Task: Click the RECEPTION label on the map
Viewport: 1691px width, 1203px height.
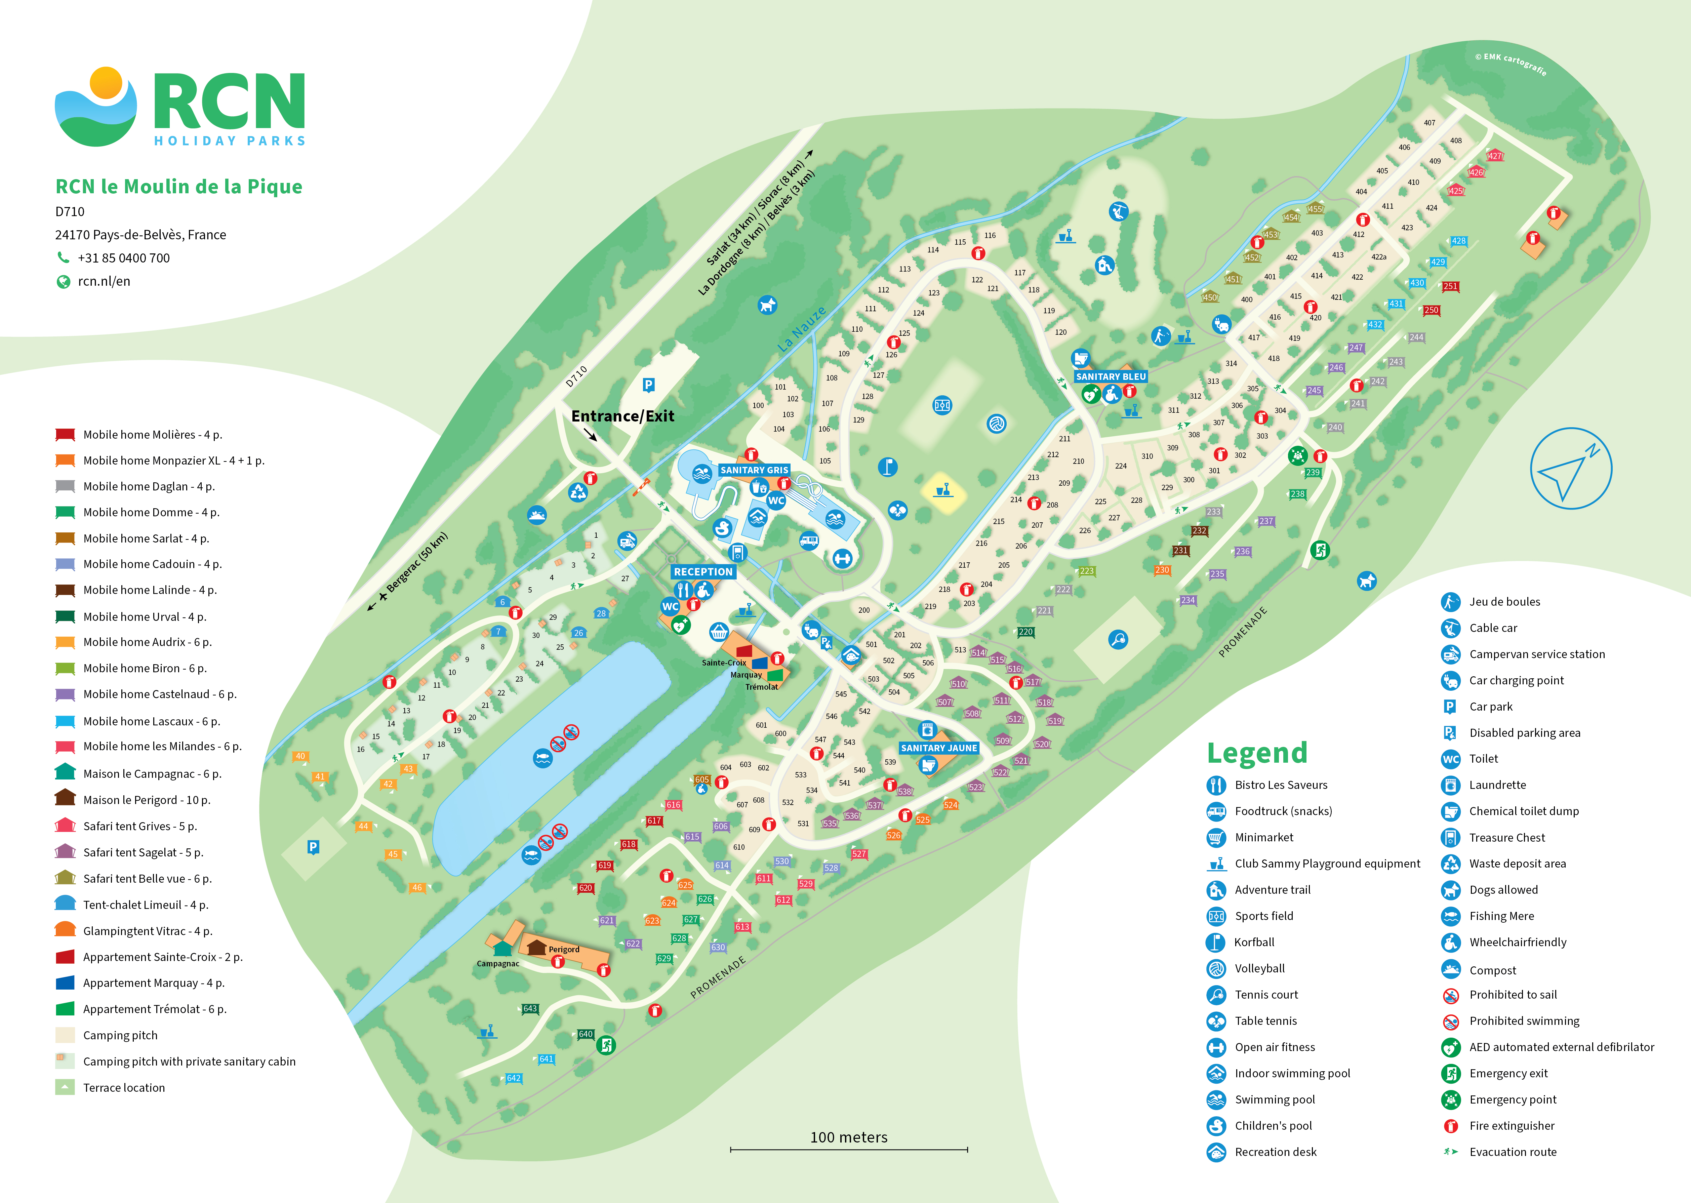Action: (x=703, y=572)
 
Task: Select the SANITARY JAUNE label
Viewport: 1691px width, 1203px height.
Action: (x=938, y=748)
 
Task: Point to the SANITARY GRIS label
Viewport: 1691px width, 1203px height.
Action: (x=754, y=470)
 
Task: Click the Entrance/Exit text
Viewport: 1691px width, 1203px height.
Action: (x=622, y=416)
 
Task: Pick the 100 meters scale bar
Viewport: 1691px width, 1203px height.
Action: (x=849, y=1149)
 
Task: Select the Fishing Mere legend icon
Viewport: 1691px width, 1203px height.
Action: (x=1450, y=916)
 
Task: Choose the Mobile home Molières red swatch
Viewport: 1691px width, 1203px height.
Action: (x=65, y=435)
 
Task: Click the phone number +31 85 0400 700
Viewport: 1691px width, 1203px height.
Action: (x=124, y=258)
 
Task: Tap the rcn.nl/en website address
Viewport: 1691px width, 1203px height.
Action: (x=104, y=281)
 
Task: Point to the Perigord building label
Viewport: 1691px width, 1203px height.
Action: (x=564, y=950)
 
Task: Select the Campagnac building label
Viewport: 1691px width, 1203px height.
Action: (x=498, y=964)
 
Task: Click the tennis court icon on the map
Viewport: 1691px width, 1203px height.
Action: (x=1118, y=639)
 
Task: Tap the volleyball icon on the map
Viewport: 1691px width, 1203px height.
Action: (x=996, y=424)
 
